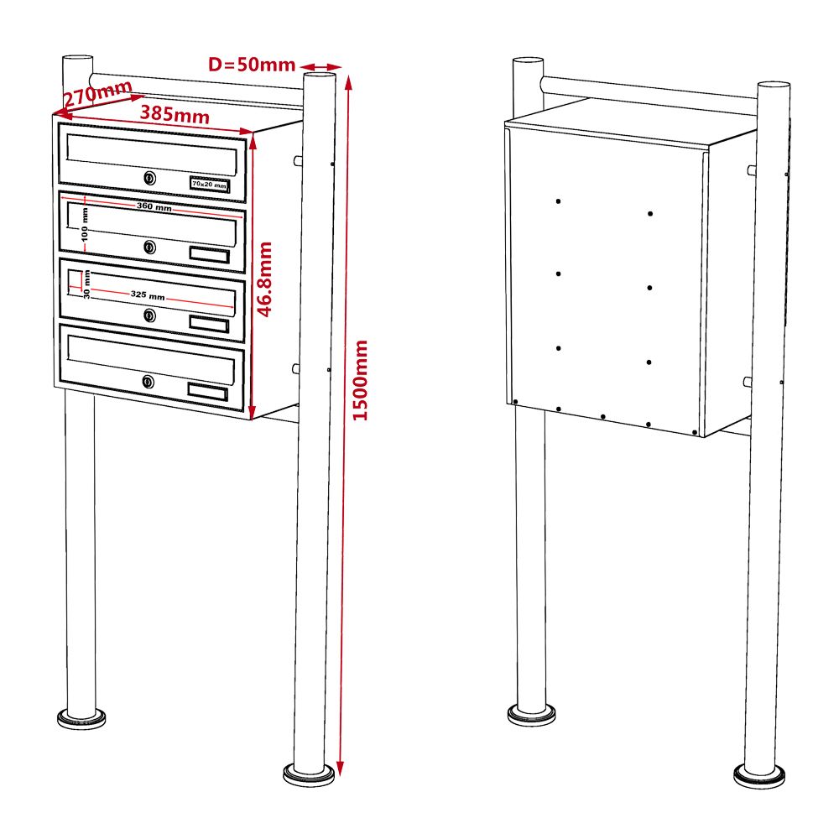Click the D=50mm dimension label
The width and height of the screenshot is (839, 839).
252,65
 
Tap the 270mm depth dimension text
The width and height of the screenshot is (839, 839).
98,93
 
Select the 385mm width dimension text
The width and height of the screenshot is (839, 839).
175,114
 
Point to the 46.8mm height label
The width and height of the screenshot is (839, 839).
265,279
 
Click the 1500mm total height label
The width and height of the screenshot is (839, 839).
361,380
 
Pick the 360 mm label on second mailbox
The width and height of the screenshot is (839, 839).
154,206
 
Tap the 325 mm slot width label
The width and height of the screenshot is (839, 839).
148,294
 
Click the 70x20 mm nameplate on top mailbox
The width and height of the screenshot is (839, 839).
209,185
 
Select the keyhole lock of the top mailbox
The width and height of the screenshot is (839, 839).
150,178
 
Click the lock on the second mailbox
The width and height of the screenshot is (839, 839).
150,247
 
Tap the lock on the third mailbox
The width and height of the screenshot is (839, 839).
150,315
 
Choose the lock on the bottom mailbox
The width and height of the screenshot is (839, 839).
149,382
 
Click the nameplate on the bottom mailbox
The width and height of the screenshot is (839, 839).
207,392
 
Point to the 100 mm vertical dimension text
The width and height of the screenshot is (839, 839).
85,225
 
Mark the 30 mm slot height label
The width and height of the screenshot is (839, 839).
86,284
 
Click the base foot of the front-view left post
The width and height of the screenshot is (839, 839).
81,719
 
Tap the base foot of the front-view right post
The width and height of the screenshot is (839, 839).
309,774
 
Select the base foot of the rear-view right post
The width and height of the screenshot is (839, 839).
759,776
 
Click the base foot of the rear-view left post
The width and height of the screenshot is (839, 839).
531,715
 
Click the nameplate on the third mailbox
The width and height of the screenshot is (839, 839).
209,324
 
